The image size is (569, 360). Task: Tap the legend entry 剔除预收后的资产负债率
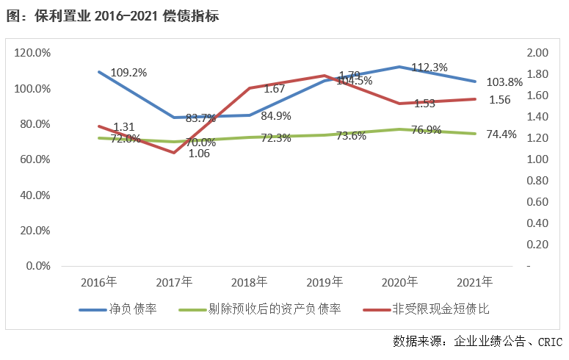275,309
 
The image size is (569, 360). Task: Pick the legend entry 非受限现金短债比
441,309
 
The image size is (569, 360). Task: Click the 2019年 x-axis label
325,281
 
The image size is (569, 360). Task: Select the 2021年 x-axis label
475,281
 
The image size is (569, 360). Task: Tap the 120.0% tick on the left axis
32,53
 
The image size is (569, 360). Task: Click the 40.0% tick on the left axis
35,195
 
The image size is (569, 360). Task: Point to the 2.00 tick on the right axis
538,53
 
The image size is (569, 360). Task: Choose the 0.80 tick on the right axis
538,181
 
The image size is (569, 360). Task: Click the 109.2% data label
128,73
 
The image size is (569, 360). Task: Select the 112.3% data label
430,68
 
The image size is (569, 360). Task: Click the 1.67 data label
274,89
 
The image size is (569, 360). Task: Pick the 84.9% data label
275,115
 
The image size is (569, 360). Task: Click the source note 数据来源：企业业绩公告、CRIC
476,342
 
